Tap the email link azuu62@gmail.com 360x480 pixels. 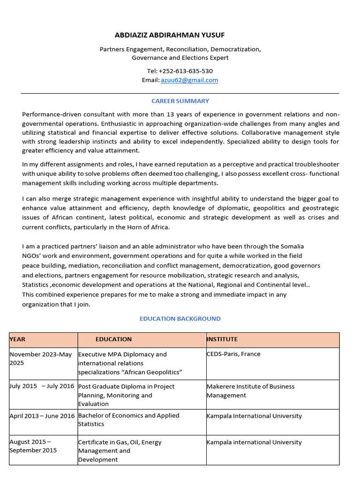click(x=189, y=80)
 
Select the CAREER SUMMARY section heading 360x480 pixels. click(x=180, y=101)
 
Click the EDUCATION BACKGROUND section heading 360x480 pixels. click(x=180, y=319)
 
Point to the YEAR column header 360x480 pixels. click(x=18, y=339)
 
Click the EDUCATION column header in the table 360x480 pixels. click(x=113, y=339)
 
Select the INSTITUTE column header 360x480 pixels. click(x=222, y=339)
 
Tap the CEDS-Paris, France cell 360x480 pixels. click(x=233, y=354)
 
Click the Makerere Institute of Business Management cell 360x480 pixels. click(x=250, y=391)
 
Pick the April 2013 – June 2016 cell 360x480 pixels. click(x=42, y=416)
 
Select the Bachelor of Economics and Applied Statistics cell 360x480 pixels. click(x=128, y=420)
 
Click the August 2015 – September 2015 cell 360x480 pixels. click(x=33, y=446)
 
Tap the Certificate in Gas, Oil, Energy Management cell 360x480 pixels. click(x=120, y=450)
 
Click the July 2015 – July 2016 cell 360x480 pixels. click(x=42, y=386)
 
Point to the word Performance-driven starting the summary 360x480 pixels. click(x=50, y=114)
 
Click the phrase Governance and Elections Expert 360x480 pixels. click(x=180, y=58)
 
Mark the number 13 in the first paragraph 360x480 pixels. click(x=170, y=114)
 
